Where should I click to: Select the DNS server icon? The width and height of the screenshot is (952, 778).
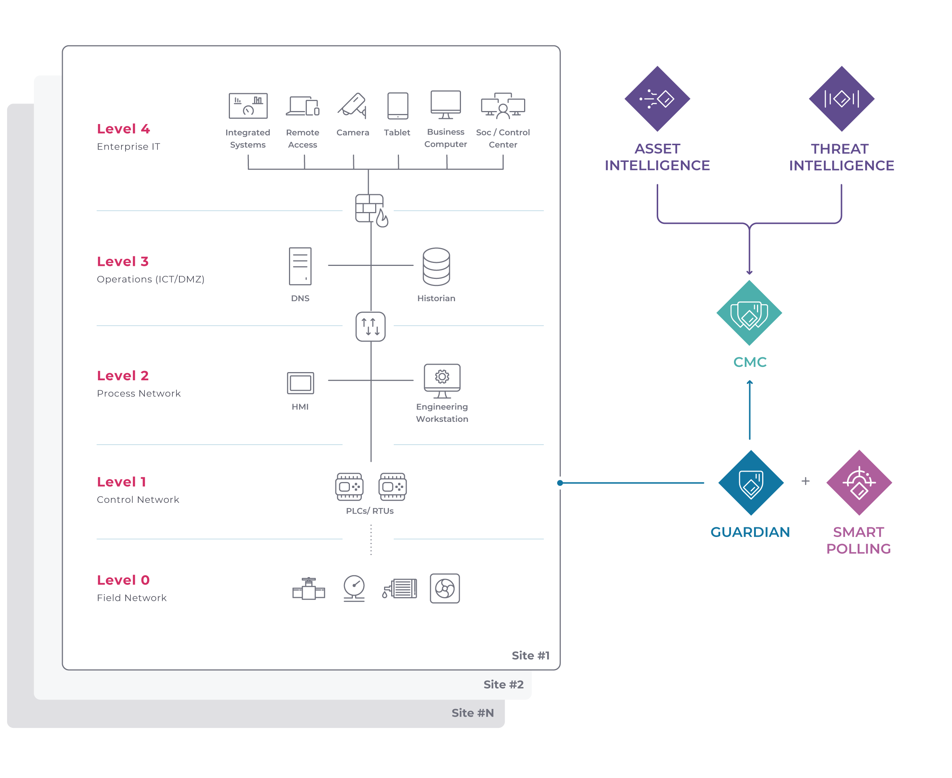pyautogui.click(x=300, y=266)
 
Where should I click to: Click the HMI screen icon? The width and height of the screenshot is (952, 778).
pyautogui.click(x=300, y=383)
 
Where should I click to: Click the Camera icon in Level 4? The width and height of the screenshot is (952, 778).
pyautogui.click(x=353, y=106)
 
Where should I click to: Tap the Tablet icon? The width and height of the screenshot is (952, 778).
pyautogui.click(x=397, y=106)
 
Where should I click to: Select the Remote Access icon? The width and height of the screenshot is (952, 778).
pyautogui.click(x=303, y=106)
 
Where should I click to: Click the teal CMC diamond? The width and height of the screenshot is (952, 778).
pyautogui.click(x=750, y=313)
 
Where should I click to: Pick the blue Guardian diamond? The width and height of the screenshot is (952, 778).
pyautogui.click(x=751, y=483)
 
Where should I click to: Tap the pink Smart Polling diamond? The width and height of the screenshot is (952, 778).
pyautogui.click(x=859, y=483)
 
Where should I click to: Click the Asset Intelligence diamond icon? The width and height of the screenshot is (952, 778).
pyautogui.click(x=657, y=98)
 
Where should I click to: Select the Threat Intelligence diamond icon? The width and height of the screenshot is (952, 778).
pyautogui.click(x=841, y=98)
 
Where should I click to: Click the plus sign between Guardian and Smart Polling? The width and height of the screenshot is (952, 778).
pyautogui.click(x=805, y=481)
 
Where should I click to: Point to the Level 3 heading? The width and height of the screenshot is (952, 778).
pyautogui.click(x=123, y=261)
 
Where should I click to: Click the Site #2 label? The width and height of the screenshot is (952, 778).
pyautogui.click(x=503, y=684)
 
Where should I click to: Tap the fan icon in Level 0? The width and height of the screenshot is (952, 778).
pyautogui.click(x=445, y=588)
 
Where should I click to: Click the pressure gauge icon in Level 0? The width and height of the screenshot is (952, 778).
pyautogui.click(x=354, y=587)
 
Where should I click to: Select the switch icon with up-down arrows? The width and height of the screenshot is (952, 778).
pyautogui.click(x=371, y=327)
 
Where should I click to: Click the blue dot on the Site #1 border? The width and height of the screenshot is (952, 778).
pyautogui.click(x=560, y=483)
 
